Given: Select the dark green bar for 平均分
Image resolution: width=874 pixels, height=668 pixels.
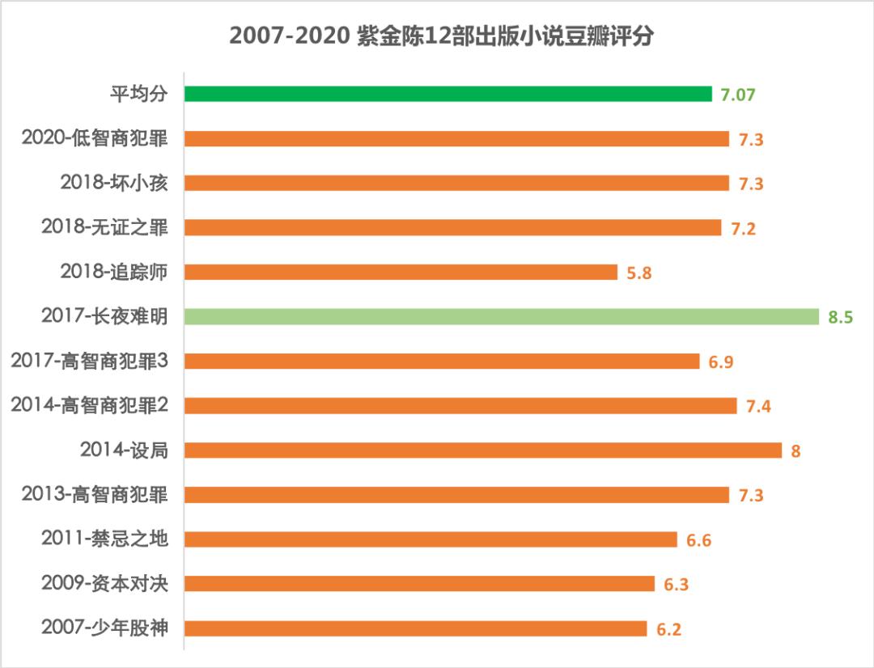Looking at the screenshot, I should click(x=448, y=94).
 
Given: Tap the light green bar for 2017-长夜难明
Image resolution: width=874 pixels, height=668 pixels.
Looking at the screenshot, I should click(x=502, y=316).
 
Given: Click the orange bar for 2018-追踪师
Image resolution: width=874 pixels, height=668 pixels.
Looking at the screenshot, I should click(x=401, y=272).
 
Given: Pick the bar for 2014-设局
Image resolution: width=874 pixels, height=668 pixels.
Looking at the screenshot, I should click(x=483, y=450).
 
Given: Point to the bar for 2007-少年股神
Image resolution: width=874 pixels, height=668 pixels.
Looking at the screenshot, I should click(x=415, y=628).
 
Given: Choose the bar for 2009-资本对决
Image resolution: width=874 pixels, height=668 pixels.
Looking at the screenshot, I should click(x=419, y=584).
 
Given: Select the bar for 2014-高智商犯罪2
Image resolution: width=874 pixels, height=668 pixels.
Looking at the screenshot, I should click(x=460, y=405).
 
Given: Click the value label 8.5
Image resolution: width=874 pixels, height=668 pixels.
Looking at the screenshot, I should click(x=840, y=317).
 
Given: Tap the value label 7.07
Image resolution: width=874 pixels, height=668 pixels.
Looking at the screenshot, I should click(x=738, y=95).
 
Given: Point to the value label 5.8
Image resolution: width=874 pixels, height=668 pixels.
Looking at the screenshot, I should click(x=639, y=273).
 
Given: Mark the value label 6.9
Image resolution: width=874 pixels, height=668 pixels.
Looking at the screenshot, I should click(x=721, y=361).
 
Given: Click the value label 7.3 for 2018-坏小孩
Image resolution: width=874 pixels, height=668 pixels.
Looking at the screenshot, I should click(x=750, y=184).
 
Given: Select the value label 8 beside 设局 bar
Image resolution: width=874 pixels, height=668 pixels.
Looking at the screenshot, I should click(x=796, y=450).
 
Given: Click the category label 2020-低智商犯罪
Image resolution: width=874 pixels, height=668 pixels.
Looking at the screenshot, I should click(x=95, y=138).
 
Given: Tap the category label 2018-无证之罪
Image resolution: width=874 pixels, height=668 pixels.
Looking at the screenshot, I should click(x=104, y=227).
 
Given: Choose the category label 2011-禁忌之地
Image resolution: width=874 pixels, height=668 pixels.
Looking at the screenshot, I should click(x=104, y=539).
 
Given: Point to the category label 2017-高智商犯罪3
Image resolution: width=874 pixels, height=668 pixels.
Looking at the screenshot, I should click(x=89, y=361).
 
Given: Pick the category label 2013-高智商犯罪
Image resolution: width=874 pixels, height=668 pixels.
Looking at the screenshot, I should click(x=95, y=494).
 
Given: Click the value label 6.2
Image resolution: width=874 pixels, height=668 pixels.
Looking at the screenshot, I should click(x=668, y=629).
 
